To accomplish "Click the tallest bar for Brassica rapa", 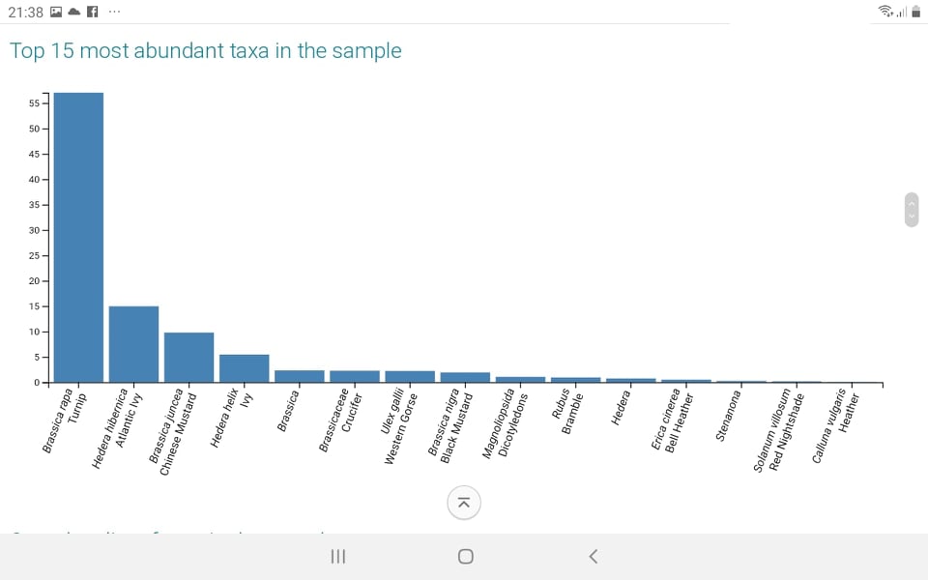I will click(x=78, y=237).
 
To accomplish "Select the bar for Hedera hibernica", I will click(x=133, y=344).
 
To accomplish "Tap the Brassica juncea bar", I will click(x=188, y=358).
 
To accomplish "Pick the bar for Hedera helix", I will click(x=244, y=368).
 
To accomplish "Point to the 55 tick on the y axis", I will click(x=34, y=103).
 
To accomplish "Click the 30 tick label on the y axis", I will click(x=34, y=230).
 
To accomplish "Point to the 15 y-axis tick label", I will click(x=34, y=306).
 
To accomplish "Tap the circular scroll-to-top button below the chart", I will click(x=464, y=502).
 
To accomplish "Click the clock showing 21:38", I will click(x=25, y=12).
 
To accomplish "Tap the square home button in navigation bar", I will click(x=465, y=556).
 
